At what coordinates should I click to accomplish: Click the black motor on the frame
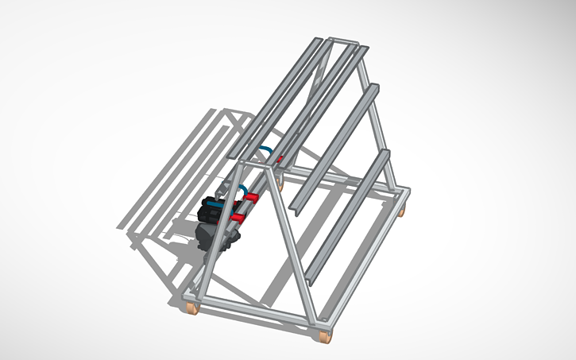[214, 212]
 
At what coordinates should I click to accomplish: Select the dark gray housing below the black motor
[208, 238]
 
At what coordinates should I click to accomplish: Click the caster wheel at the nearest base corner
[324, 337]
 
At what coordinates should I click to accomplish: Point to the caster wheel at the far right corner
[403, 211]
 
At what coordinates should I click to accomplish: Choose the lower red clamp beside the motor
[238, 216]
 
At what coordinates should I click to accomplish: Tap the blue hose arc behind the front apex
[266, 150]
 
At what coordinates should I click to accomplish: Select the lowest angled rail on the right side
[350, 215]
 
